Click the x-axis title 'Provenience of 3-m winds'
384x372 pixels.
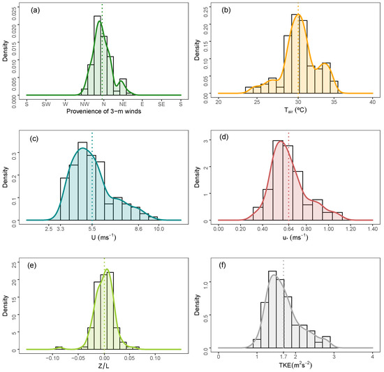(103, 112)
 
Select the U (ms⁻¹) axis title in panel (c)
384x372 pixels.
(103, 238)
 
